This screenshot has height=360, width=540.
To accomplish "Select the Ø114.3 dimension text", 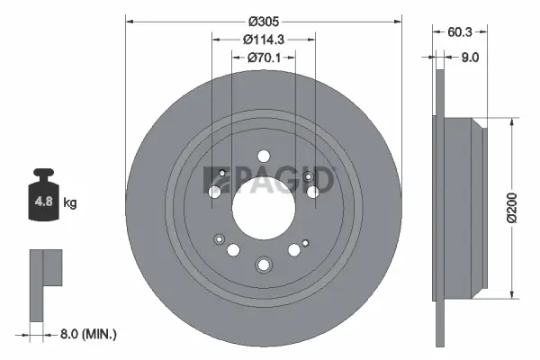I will point(264,39).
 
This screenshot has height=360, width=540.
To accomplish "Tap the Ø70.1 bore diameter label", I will point(264,58).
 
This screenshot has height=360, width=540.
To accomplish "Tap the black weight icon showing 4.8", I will point(43,195).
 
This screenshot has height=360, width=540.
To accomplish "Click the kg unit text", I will point(69,203).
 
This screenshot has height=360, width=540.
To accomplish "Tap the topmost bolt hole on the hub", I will point(263,155).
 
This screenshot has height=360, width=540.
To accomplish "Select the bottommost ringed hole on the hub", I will point(264,265).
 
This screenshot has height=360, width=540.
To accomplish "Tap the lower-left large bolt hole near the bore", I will point(233,249).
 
